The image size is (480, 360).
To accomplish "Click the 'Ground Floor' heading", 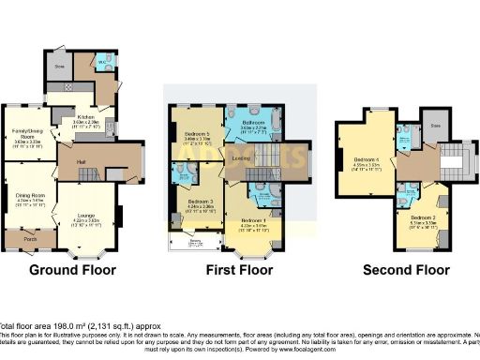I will [73, 269].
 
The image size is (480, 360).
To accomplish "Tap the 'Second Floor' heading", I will [406, 269].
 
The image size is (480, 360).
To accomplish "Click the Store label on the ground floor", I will [58, 67].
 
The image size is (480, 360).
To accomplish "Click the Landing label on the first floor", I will [241, 158].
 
